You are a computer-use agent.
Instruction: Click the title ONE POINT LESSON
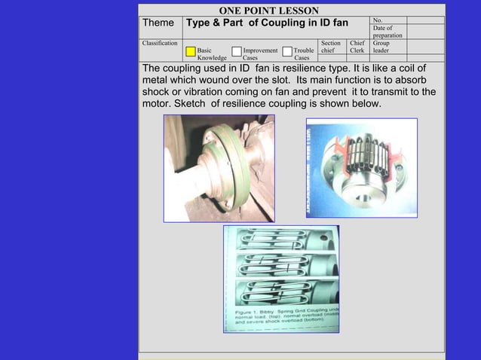tap(268, 10)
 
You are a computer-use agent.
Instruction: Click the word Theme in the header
tap(160, 23)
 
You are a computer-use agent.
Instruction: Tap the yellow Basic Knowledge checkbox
tap(191, 52)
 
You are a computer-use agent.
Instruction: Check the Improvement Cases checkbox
tap(237, 52)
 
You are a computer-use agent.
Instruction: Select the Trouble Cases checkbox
tap(288, 52)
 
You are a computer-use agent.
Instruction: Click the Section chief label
tap(330, 47)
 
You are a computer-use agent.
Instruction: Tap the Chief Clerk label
tap(357, 47)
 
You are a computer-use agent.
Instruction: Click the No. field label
tap(378, 20)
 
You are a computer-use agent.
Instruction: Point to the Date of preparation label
tap(388, 32)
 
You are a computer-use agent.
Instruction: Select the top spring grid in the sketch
tap(283, 241)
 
